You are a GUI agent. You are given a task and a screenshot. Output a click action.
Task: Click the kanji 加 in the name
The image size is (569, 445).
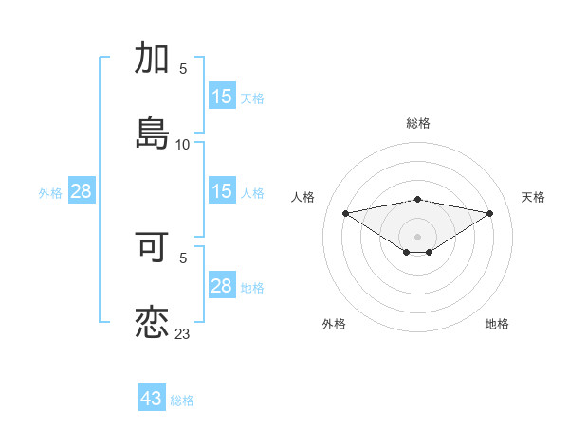153,59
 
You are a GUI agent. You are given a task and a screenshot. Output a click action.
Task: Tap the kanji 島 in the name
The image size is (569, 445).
153,132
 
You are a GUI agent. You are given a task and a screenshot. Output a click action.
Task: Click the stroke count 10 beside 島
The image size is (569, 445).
183,145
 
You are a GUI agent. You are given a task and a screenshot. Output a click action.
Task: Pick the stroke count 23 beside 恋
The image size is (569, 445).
183,334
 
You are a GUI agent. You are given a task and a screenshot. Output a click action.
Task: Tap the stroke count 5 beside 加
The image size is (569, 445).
183,69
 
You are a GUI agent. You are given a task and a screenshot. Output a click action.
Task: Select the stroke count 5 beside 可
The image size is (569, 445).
183,257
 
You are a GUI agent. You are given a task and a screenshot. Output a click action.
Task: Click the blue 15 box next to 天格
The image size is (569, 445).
222,97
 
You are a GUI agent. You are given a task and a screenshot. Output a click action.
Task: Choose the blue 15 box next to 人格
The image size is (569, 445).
222,191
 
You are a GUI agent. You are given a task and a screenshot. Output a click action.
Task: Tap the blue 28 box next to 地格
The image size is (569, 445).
222,286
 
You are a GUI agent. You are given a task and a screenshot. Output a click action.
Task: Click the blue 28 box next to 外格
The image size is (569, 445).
82,191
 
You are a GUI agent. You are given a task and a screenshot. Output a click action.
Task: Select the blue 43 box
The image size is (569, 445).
152,399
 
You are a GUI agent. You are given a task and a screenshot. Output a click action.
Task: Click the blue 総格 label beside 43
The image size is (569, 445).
183,400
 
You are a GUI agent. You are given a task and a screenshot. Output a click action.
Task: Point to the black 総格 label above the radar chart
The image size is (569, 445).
418,123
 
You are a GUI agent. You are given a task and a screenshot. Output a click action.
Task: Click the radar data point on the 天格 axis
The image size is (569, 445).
490,213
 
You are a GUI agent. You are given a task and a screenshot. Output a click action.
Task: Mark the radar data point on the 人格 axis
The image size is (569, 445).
346,213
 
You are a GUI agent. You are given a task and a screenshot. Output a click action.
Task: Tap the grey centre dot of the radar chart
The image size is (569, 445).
418,236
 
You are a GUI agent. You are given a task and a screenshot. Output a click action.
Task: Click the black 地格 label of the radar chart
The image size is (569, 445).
497,324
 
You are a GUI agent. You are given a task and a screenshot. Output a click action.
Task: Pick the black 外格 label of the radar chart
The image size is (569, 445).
334,324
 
